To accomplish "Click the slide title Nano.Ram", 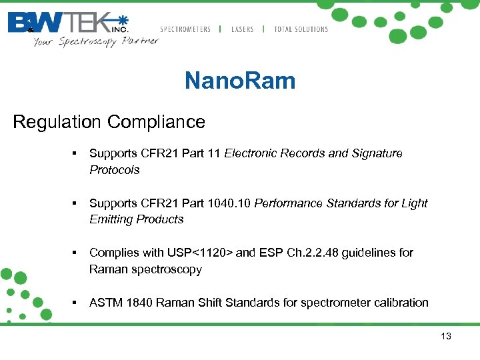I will click(239, 81).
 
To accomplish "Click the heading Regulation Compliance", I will click(109, 122).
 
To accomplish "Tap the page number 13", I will click(446, 336).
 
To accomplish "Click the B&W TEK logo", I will click(67, 23).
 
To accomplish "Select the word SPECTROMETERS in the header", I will click(185, 29).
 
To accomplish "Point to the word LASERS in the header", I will click(243, 29).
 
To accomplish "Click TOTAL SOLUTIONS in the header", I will click(301, 29).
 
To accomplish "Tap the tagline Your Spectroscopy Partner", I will click(96, 41).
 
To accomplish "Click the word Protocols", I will click(115, 170).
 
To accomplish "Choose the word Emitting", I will click(111, 219).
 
